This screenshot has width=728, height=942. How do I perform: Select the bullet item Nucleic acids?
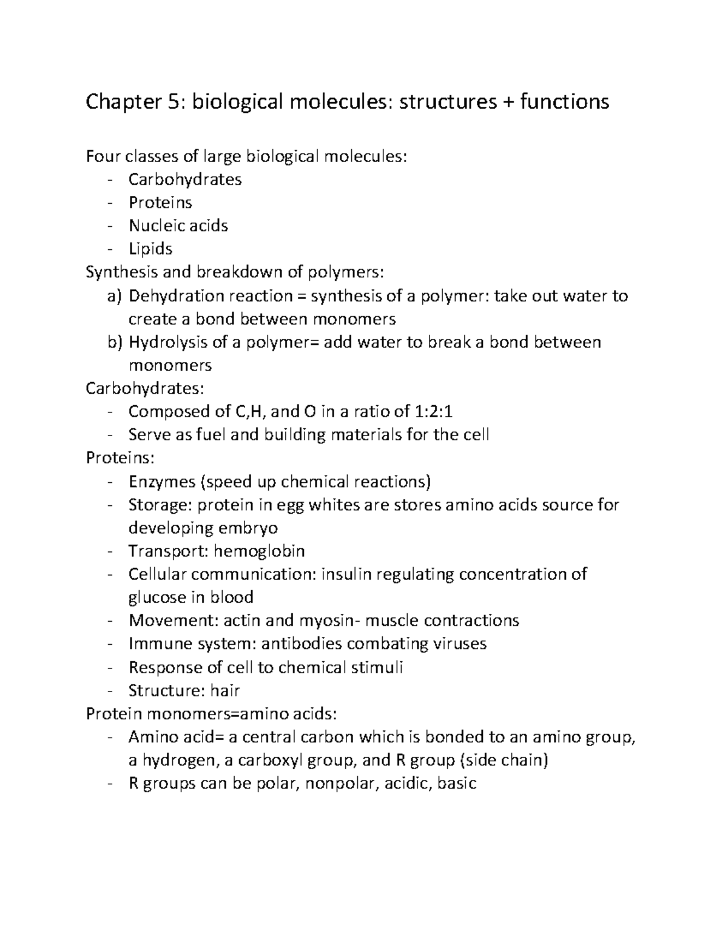(x=178, y=226)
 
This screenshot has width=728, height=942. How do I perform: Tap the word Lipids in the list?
(x=150, y=249)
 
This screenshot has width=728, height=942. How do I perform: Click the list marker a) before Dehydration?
(x=115, y=296)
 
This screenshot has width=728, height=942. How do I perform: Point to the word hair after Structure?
(x=225, y=690)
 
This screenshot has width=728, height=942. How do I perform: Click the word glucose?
(x=157, y=597)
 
